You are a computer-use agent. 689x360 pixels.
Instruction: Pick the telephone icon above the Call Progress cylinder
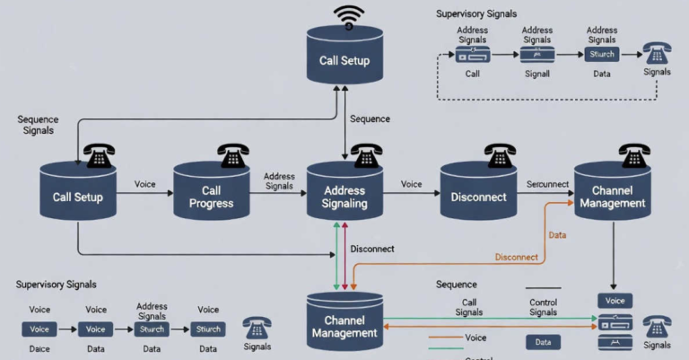(233, 155)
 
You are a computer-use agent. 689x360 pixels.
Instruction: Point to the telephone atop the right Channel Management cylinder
(635, 155)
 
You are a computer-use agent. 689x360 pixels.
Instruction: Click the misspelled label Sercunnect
(547, 184)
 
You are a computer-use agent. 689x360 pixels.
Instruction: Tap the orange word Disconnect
(516, 257)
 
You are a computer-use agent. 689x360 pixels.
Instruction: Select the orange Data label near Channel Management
(557, 234)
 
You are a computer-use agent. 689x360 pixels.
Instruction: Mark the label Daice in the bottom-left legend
(39, 348)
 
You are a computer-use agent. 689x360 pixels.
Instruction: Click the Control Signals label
(543, 307)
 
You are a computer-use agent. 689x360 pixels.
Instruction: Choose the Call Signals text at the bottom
(468, 307)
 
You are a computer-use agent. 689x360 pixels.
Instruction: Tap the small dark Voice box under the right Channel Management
(615, 301)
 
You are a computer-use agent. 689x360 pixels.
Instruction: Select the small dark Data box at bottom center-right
(543, 342)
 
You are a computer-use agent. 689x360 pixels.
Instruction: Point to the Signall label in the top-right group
(536, 73)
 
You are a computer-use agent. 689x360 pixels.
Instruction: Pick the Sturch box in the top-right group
(602, 54)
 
